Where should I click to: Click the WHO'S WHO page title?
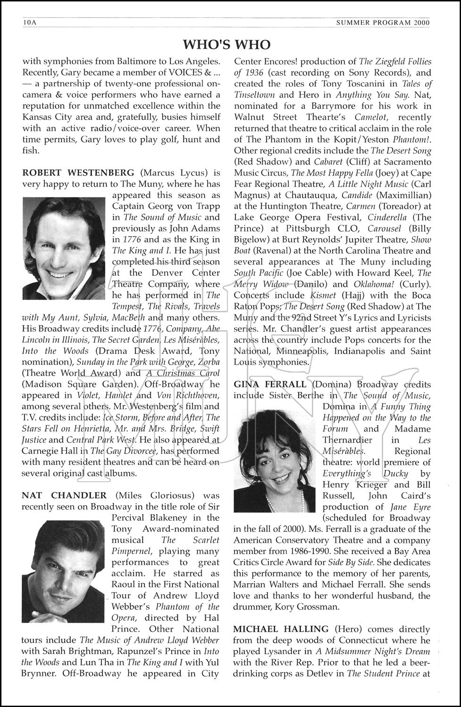point(226,44)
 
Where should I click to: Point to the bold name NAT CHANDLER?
point(64,495)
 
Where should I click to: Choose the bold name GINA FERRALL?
point(270,384)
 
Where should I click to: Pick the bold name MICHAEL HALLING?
point(281,629)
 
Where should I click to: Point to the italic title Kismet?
point(323,296)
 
